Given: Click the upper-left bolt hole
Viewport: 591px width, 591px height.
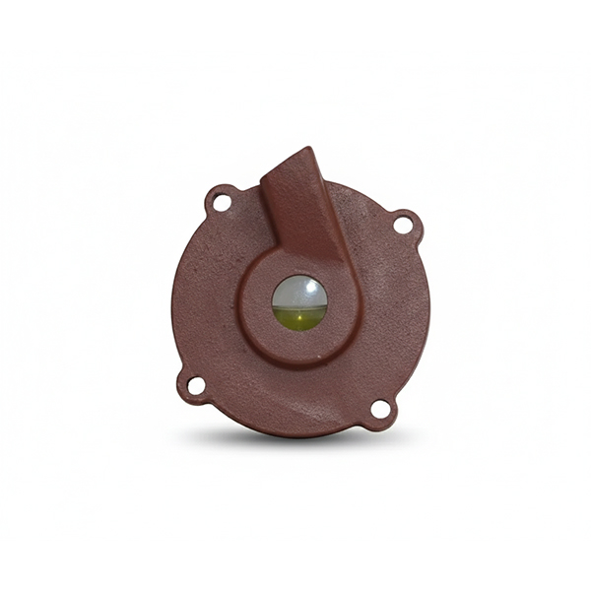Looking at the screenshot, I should (x=222, y=202).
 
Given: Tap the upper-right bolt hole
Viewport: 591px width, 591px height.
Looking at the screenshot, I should (x=403, y=225).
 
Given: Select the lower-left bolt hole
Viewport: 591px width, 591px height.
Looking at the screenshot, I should (x=195, y=385).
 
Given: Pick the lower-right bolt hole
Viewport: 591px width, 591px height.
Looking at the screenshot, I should (x=380, y=409).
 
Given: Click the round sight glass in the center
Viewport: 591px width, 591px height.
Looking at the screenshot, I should (x=299, y=302).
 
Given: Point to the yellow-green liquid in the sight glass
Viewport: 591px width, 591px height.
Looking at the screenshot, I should (x=299, y=318).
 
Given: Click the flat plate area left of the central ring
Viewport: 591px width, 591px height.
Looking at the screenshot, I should (x=207, y=295).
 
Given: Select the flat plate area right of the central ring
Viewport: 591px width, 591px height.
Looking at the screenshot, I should (x=389, y=305).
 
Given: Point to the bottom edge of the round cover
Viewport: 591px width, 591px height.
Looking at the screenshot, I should (x=295, y=434).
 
